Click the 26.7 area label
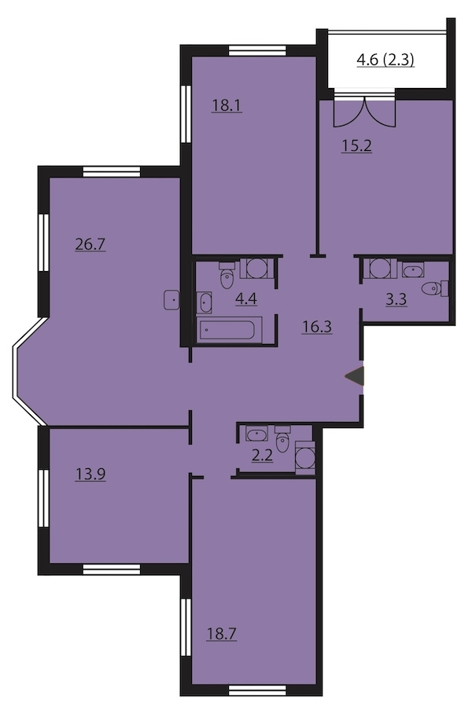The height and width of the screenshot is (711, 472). (90, 245)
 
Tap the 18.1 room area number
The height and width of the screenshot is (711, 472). (227, 105)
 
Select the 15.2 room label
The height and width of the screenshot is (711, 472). (356, 146)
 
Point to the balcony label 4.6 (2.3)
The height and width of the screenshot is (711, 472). (385, 60)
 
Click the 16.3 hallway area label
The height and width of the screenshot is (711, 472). (317, 327)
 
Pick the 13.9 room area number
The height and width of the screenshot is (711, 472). (90, 475)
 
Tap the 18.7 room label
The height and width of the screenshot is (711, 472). (222, 634)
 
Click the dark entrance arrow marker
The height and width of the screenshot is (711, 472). (355, 376)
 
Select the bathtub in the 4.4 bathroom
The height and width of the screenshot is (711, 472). (230, 330)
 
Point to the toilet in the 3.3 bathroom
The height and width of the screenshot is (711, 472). (435, 288)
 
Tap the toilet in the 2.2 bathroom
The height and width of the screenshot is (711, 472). (282, 439)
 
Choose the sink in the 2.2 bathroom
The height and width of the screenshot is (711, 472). (257, 434)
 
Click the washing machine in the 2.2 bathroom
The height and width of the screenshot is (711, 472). (305, 458)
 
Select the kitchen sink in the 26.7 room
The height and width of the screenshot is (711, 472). (171, 300)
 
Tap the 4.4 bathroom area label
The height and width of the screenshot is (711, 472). (246, 299)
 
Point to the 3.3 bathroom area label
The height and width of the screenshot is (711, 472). (396, 299)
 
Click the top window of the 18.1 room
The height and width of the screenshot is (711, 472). (257, 49)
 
